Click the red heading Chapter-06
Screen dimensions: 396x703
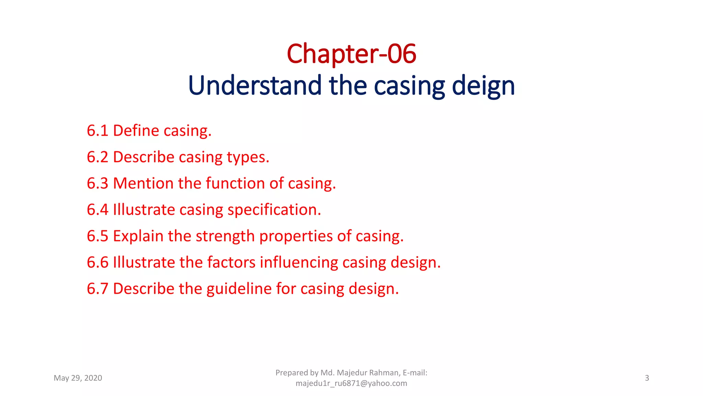[x=351, y=54]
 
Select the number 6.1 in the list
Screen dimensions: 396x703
[x=97, y=131]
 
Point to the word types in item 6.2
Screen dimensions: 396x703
[x=248, y=157]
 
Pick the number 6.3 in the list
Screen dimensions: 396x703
[x=97, y=183]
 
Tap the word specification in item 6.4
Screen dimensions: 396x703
[x=274, y=210]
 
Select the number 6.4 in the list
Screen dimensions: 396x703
[x=97, y=210]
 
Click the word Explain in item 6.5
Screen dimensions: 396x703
[x=138, y=236]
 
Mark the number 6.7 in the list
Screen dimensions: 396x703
[x=97, y=289]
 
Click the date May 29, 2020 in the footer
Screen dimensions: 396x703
[x=78, y=378]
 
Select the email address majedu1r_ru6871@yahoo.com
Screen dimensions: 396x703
[x=351, y=383]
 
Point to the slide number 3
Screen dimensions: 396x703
[x=647, y=378]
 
